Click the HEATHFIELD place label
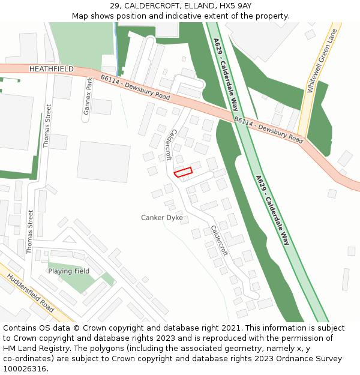[51, 70]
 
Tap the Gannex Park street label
[88, 96]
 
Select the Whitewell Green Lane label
[319, 58]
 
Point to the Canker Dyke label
[162, 217]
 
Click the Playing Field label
[69, 271]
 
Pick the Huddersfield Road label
[30, 293]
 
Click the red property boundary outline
[183, 172]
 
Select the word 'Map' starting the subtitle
[80, 16]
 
